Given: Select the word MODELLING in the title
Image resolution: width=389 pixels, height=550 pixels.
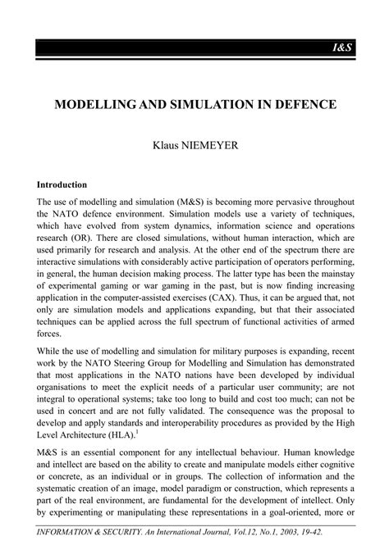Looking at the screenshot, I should coord(98,107).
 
